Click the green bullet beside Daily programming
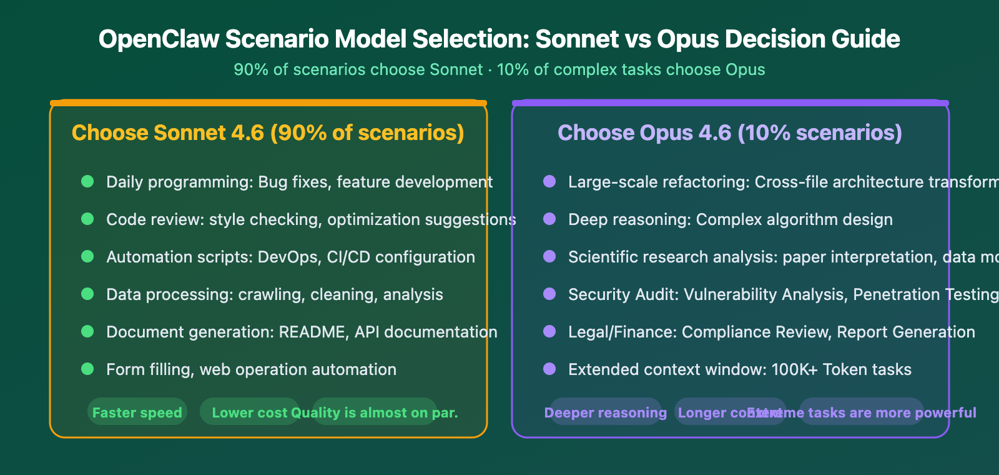87,181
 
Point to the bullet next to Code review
87,219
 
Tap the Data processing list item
274,294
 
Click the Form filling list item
251,369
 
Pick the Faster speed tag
137,412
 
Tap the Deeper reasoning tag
605,412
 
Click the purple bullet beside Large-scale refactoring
549,181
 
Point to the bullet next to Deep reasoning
549,219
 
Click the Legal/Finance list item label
622,332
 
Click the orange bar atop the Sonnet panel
268,102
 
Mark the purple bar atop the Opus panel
731,102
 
